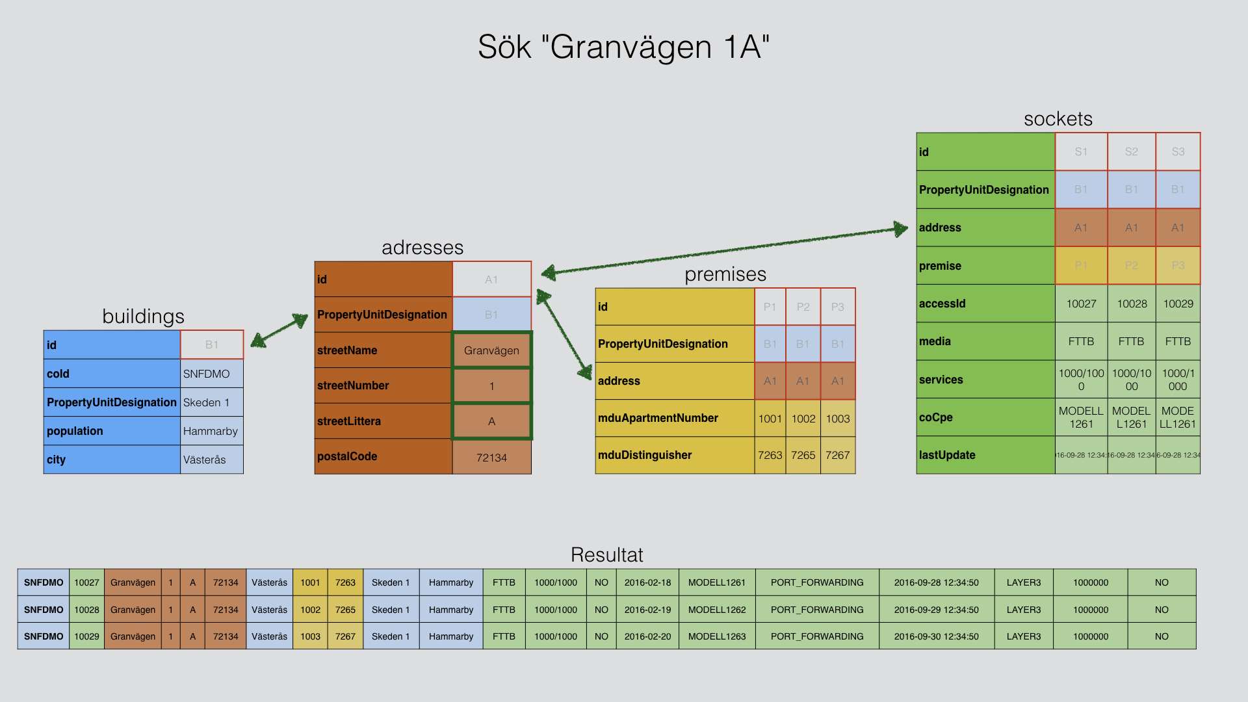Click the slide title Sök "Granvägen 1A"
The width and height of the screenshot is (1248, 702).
(623, 47)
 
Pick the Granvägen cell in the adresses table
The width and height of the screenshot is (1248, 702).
(491, 350)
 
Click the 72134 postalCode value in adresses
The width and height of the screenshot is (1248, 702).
(491, 458)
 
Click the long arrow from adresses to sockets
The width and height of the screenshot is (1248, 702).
(725, 250)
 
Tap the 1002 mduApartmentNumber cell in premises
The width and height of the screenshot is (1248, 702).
(803, 419)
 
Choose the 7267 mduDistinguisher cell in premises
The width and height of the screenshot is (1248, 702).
(838, 455)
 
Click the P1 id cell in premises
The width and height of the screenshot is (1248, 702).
(770, 307)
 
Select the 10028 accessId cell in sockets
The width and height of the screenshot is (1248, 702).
(1132, 304)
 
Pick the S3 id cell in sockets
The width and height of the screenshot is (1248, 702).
(1178, 151)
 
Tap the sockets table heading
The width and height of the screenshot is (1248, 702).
(1058, 119)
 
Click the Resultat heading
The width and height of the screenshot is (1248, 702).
(606, 554)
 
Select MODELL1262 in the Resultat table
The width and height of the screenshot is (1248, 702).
(717, 610)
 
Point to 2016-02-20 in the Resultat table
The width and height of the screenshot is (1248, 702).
(647, 636)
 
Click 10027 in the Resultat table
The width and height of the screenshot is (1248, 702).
(86, 582)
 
